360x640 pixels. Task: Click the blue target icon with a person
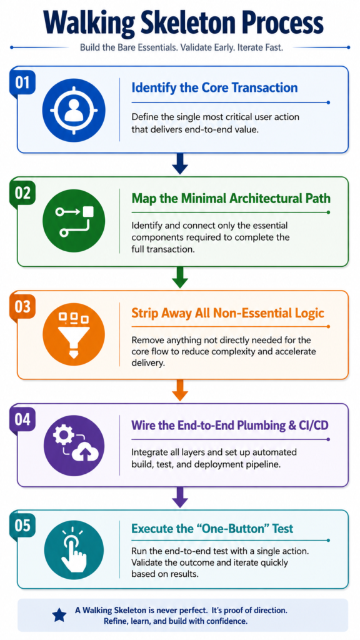click(x=74, y=110)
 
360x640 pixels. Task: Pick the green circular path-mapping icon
click(x=74, y=221)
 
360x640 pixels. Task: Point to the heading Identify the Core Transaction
click(x=214, y=87)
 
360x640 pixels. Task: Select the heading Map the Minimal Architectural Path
click(x=231, y=198)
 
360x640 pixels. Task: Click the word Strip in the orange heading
click(x=144, y=313)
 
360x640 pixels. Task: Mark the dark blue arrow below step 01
click(x=179, y=163)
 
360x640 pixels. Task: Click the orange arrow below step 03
click(x=179, y=390)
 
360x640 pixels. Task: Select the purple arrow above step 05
click(x=179, y=496)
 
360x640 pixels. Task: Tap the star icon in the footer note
click(x=59, y=615)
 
